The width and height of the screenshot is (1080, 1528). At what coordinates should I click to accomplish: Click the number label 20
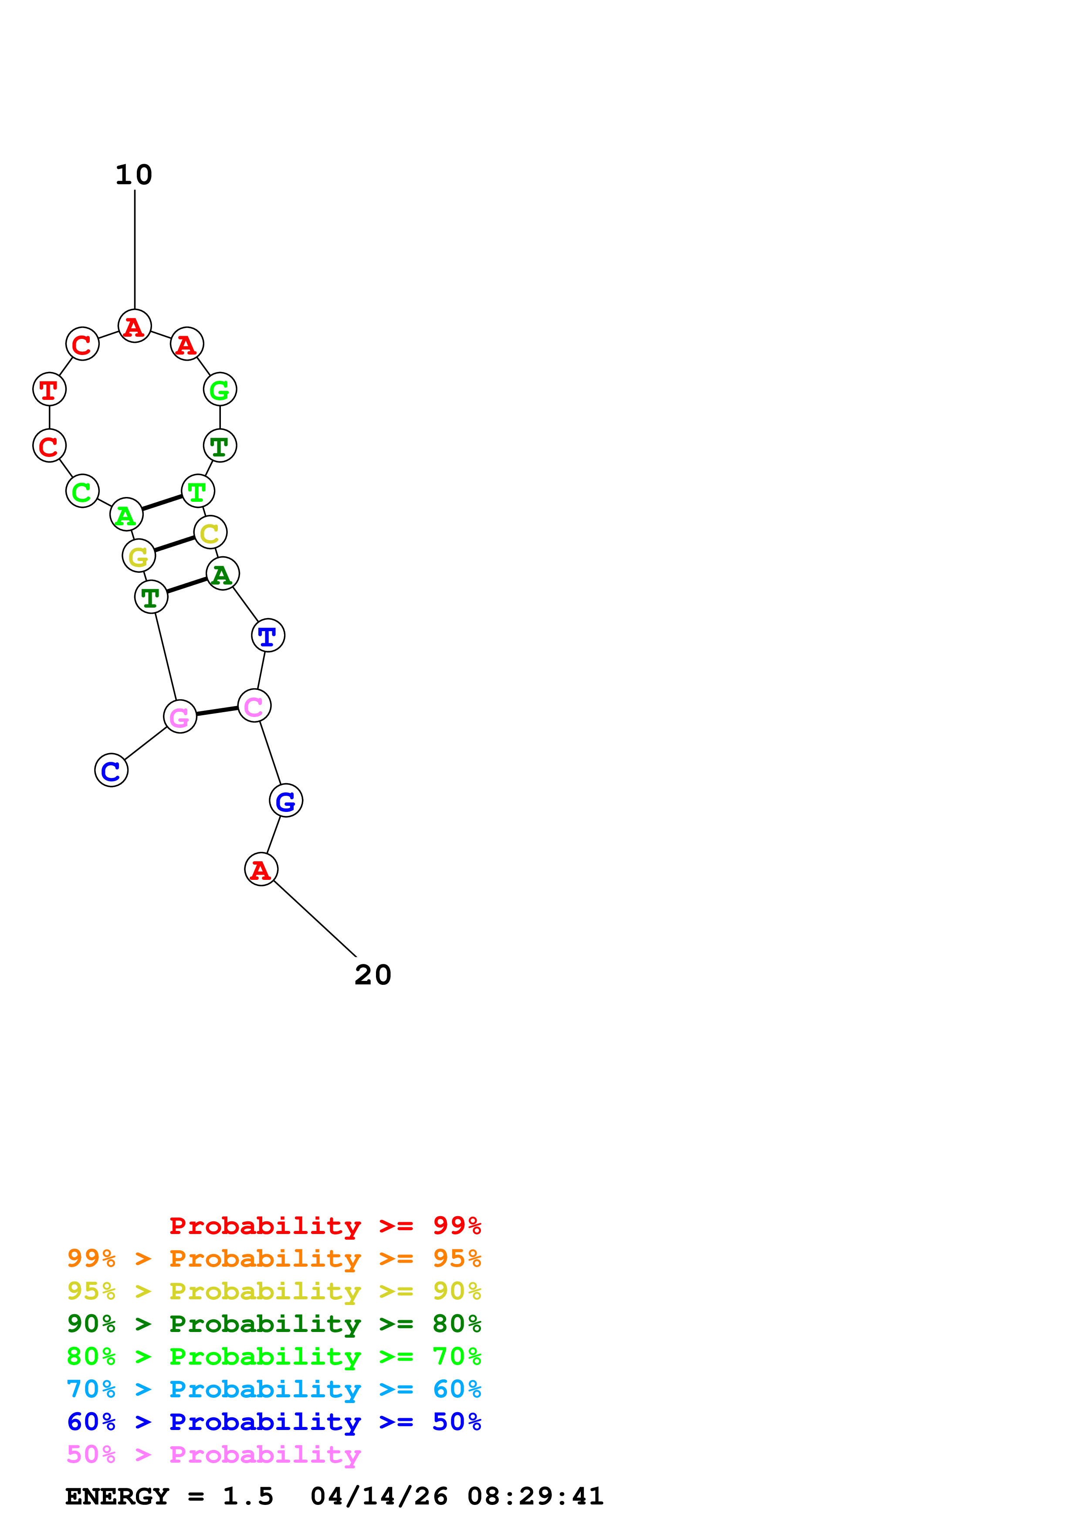click(372, 976)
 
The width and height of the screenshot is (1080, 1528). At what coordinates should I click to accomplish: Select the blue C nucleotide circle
click(111, 771)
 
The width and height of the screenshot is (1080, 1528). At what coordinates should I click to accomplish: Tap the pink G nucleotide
click(179, 717)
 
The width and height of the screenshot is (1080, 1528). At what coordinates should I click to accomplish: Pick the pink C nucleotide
click(254, 706)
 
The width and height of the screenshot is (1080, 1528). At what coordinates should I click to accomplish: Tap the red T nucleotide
click(49, 389)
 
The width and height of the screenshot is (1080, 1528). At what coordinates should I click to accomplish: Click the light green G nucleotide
click(220, 389)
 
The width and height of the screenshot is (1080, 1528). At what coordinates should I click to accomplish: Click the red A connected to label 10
click(135, 326)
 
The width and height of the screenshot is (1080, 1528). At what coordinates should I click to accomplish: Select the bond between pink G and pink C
click(217, 711)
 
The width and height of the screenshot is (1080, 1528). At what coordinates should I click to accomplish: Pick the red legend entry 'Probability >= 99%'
click(325, 1226)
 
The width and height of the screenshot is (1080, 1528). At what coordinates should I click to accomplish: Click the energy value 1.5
click(247, 1496)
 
